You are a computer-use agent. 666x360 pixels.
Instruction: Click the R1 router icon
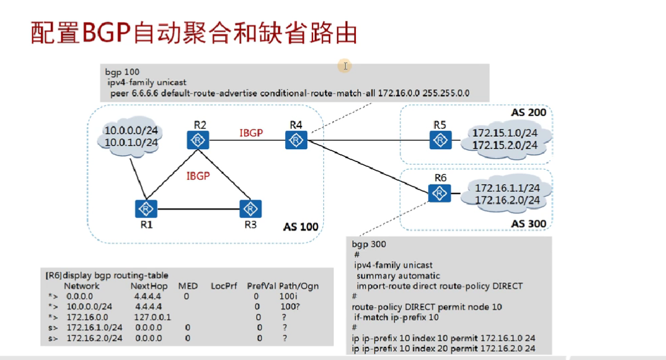click(x=145, y=209)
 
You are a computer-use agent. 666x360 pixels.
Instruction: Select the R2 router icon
click(x=197, y=140)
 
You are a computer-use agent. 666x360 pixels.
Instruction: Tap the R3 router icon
click(x=250, y=209)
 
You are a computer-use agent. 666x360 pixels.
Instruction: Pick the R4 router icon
click(x=295, y=140)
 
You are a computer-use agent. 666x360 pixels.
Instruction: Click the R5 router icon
click(x=440, y=140)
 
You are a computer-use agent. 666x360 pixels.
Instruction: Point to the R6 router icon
click(x=438, y=192)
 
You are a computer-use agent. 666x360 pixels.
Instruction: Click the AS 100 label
click(x=300, y=226)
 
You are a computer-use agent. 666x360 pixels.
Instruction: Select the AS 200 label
click(x=528, y=112)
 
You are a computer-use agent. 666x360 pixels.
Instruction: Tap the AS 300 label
click(x=528, y=224)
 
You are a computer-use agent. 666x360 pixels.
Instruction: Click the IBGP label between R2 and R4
click(x=251, y=133)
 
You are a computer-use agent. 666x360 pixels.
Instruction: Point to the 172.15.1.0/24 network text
click(x=506, y=134)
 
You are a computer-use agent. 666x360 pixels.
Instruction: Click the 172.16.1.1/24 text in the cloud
click(x=507, y=188)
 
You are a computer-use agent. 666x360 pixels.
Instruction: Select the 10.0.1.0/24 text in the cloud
click(x=131, y=143)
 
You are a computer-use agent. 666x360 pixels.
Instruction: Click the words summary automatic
click(x=398, y=276)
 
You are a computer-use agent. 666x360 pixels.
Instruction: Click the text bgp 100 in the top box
click(x=122, y=72)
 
